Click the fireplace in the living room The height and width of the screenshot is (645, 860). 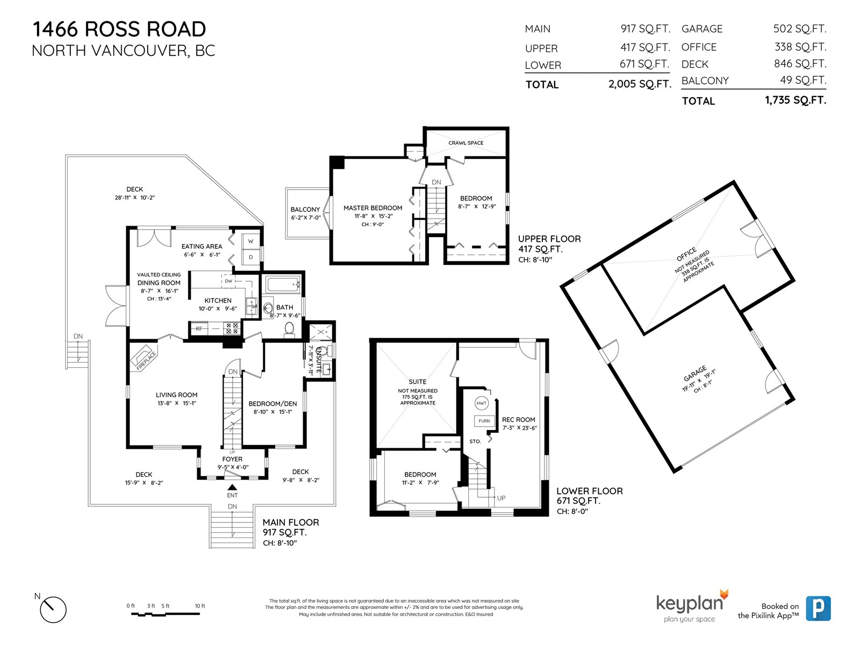(x=144, y=357)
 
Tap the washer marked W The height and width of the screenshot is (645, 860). (x=251, y=241)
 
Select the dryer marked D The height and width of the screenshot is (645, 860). (x=251, y=257)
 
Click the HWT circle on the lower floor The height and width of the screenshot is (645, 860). (x=482, y=403)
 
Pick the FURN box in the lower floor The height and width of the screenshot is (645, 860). (x=484, y=421)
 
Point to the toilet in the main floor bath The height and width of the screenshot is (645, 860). (x=289, y=329)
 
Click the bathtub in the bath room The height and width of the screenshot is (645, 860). (x=283, y=285)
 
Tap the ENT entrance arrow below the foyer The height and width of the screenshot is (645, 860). (x=232, y=487)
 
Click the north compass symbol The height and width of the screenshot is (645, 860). (x=53, y=610)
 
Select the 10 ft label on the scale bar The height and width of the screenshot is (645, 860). (x=200, y=606)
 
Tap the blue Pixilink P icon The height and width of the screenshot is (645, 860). (x=818, y=608)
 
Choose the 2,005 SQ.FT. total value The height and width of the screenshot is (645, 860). (x=640, y=84)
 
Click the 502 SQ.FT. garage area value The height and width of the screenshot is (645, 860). (x=800, y=28)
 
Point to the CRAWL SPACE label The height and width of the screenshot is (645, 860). (x=466, y=143)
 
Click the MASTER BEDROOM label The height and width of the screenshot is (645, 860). (x=373, y=208)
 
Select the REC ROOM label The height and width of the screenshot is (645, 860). (x=518, y=419)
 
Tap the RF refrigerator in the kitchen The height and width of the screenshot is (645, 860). (x=199, y=328)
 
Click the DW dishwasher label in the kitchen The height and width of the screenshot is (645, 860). (x=228, y=281)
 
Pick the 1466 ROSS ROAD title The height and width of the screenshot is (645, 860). (x=119, y=29)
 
